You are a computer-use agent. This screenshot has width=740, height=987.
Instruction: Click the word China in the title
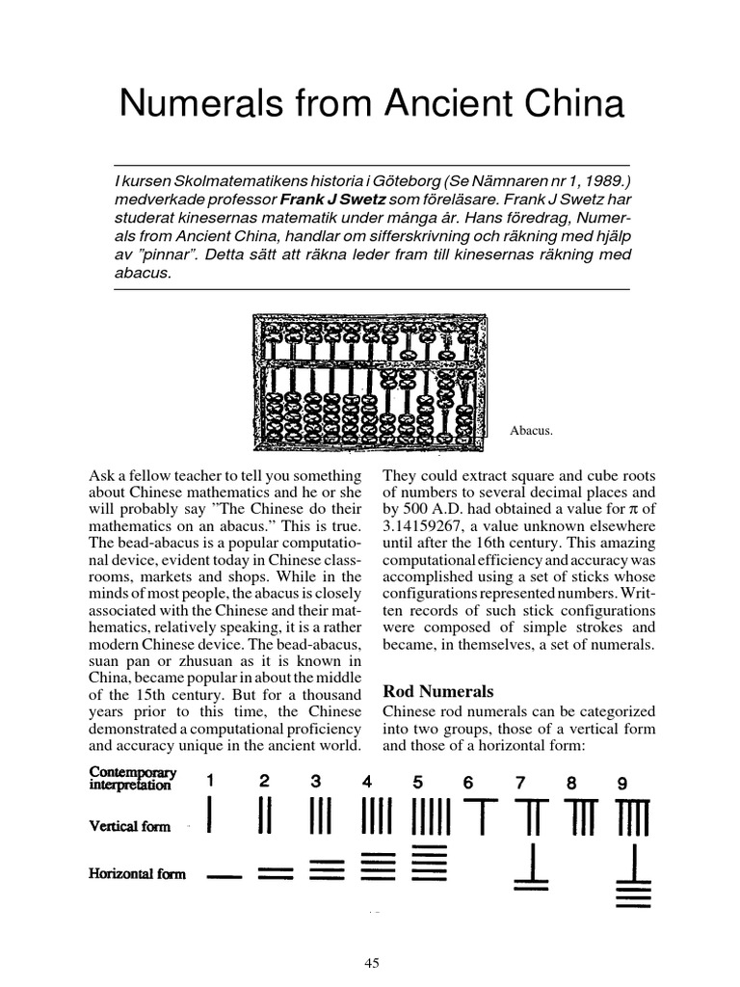(x=575, y=103)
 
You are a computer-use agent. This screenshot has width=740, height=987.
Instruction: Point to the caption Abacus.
(x=531, y=431)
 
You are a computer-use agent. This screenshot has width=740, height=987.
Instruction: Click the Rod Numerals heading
(x=438, y=690)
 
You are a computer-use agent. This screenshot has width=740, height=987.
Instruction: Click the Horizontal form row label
(x=139, y=874)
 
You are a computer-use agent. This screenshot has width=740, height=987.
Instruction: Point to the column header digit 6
(x=468, y=783)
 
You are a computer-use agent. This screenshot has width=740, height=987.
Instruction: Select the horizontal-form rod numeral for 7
(x=532, y=866)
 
